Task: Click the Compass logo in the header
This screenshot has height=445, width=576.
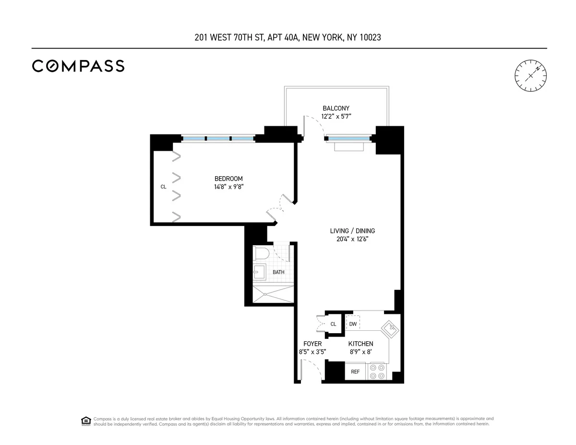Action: (78, 66)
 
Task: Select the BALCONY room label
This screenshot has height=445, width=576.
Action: (336, 108)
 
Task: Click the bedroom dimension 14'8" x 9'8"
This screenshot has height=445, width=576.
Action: (228, 187)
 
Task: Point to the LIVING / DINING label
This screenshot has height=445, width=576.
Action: (352, 231)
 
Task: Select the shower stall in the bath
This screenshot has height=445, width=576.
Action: (273, 294)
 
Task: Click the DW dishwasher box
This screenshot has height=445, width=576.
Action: (353, 324)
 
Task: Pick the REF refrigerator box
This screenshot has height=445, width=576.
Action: (355, 372)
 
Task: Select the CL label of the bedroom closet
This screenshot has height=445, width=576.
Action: (163, 187)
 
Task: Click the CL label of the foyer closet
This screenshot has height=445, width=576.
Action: (333, 325)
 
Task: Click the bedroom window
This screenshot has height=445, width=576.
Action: (218, 139)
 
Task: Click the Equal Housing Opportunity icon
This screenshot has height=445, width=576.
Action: (85, 421)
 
